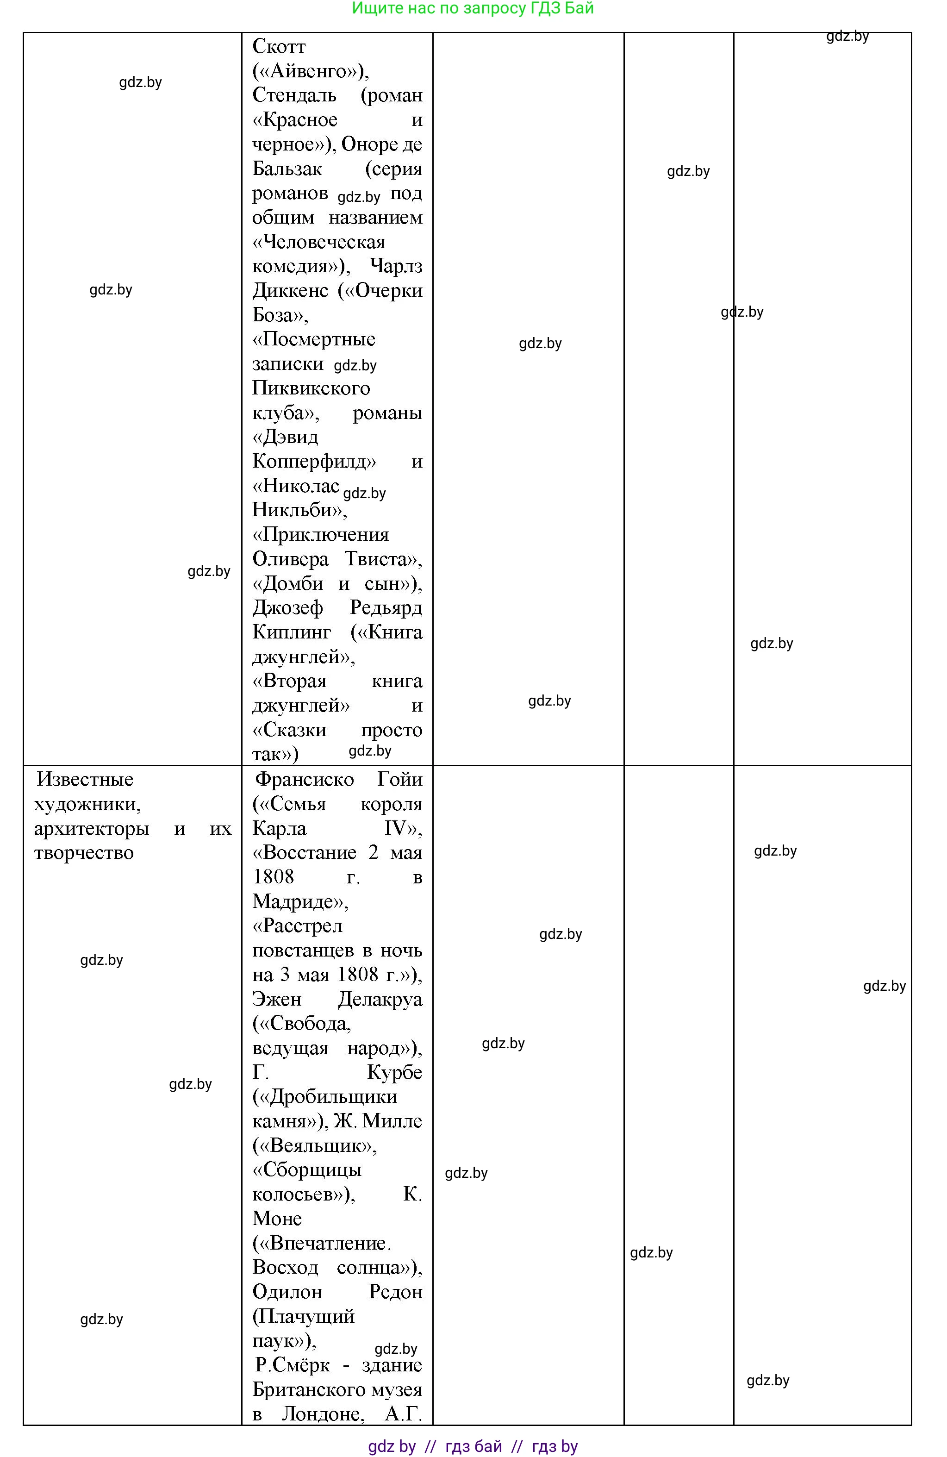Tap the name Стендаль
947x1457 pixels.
click(294, 95)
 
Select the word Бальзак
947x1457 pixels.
click(287, 169)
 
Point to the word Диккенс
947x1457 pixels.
click(290, 290)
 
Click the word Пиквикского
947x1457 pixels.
click(311, 388)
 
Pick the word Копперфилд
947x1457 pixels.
click(314, 461)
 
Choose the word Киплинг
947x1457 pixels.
click(292, 632)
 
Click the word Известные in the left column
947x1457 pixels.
click(85, 779)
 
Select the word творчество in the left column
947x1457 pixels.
click(84, 853)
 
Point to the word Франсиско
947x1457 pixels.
click(304, 779)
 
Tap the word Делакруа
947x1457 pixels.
click(380, 999)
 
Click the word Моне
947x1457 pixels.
click(277, 1219)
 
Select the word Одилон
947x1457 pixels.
click(287, 1292)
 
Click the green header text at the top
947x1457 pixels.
click(473, 9)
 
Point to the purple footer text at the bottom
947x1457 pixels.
click(473, 1446)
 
